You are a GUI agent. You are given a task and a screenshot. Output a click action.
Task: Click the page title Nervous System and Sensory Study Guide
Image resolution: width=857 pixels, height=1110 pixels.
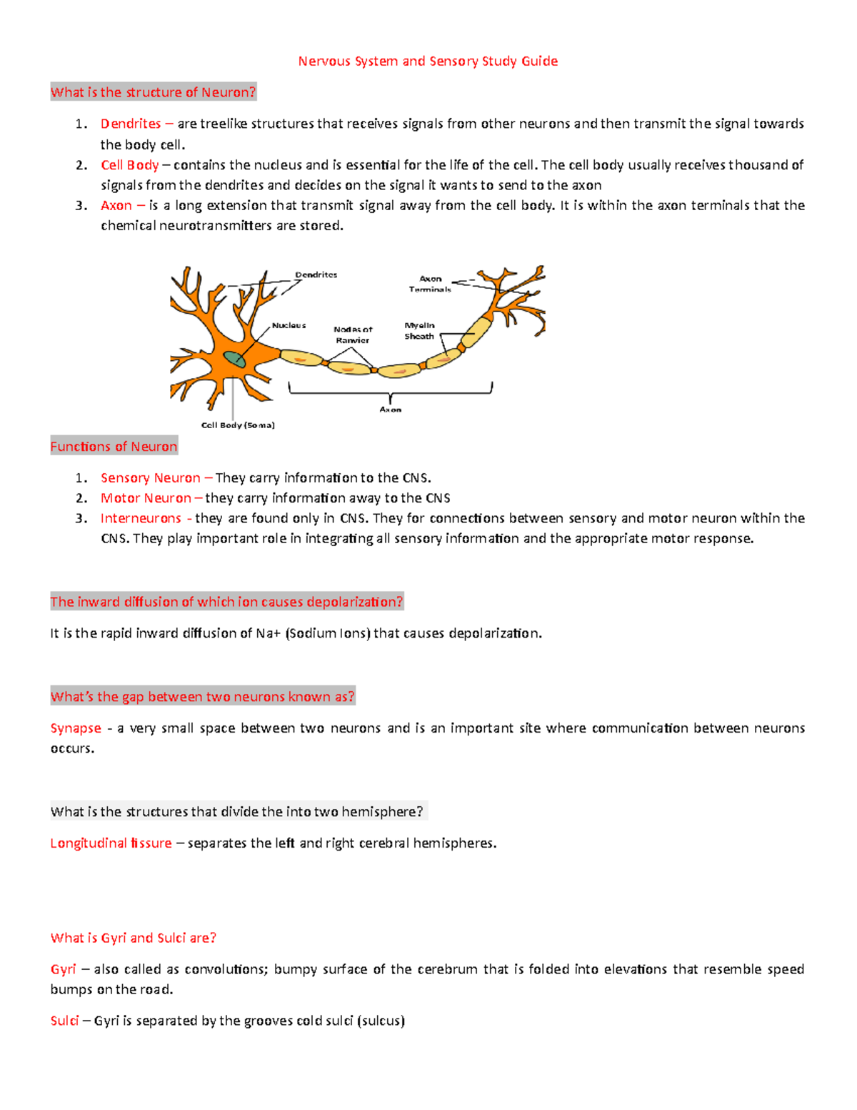pyautogui.click(x=428, y=61)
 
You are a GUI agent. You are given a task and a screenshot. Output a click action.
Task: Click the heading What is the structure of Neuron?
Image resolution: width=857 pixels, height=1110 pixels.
pyautogui.click(x=153, y=92)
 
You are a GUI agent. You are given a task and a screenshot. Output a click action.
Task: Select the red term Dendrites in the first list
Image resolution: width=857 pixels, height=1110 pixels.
pyautogui.click(x=131, y=124)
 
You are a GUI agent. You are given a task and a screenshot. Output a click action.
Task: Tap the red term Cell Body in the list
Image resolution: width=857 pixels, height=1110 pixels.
pyautogui.click(x=129, y=165)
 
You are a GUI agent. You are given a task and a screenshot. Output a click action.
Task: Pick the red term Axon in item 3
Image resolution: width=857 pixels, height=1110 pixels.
pyautogui.click(x=116, y=206)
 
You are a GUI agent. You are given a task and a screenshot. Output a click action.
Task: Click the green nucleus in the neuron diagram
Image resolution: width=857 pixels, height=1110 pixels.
pyautogui.click(x=234, y=360)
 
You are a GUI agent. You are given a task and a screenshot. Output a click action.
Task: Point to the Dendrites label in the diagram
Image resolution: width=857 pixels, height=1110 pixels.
pyautogui.click(x=316, y=275)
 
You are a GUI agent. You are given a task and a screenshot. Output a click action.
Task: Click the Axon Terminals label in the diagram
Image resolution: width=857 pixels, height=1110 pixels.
pyautogui.click(x=430, y=284)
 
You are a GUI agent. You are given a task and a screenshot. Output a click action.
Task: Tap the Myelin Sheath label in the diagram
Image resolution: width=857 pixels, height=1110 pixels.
pyautogui.click(x=419, y=331)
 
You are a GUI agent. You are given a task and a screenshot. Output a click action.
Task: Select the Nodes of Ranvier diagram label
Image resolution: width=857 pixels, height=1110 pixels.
pyautogui.click(x=353, y=335)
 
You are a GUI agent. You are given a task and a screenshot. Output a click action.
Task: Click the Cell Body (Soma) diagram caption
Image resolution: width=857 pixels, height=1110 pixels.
pyautogui.click(x=238, y=425)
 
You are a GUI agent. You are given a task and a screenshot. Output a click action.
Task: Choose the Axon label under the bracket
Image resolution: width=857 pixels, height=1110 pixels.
pyautogui.click(x=390, y=410)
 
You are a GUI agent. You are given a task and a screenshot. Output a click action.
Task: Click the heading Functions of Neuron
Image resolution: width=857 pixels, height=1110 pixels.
pyautogui.click(x=114, y=447)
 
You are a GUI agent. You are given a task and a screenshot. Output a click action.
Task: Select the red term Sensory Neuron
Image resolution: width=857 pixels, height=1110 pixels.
pyautogui.click(x=150, y=478)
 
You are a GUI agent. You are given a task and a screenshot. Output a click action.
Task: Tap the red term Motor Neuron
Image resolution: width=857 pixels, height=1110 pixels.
pyautogui.click(x=146, y=498)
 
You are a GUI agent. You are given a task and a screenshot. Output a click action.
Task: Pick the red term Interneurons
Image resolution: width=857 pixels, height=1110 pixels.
pyautogui.click(x=141, y=518)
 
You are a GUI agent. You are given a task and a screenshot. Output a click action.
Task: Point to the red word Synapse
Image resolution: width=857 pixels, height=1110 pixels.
pyautogui.click(x=76, y=728)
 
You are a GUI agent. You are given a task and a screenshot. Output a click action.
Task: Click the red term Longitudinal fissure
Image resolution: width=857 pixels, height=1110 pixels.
pyautogui.click(x=111, y=843)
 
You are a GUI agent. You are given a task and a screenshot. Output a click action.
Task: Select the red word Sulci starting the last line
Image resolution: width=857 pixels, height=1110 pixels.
pyautogui.click(x=64, y=1021)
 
